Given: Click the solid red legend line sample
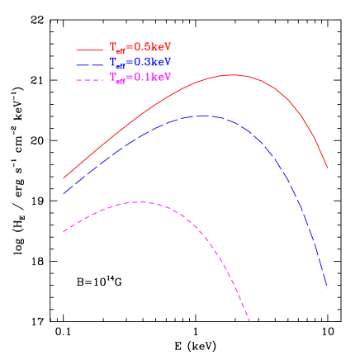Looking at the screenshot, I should click(x=89, y=50).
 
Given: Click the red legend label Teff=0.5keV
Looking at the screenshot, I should click(x=140, y=48).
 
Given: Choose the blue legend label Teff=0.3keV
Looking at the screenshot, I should click(x=140, y=63).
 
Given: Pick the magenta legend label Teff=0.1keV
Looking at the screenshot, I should click(x=140, y=78).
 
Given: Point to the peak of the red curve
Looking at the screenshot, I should click(x=231, y=74).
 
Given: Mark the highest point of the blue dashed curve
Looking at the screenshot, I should click(x=204, y=116).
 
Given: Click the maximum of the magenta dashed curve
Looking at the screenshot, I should click(x=140, y=201).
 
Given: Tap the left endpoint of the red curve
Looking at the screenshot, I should click(x=64, y=178).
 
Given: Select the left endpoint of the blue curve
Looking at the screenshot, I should click(x=64, y=193).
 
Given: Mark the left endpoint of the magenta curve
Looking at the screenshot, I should click(x=64, y=231).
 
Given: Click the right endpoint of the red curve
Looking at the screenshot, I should click(x=328, y=168).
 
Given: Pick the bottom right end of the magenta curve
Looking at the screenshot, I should click(x=249, y=321).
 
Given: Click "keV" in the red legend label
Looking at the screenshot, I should click(x=161, y=47).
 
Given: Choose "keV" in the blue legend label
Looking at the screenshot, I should click(x=161, y=62).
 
